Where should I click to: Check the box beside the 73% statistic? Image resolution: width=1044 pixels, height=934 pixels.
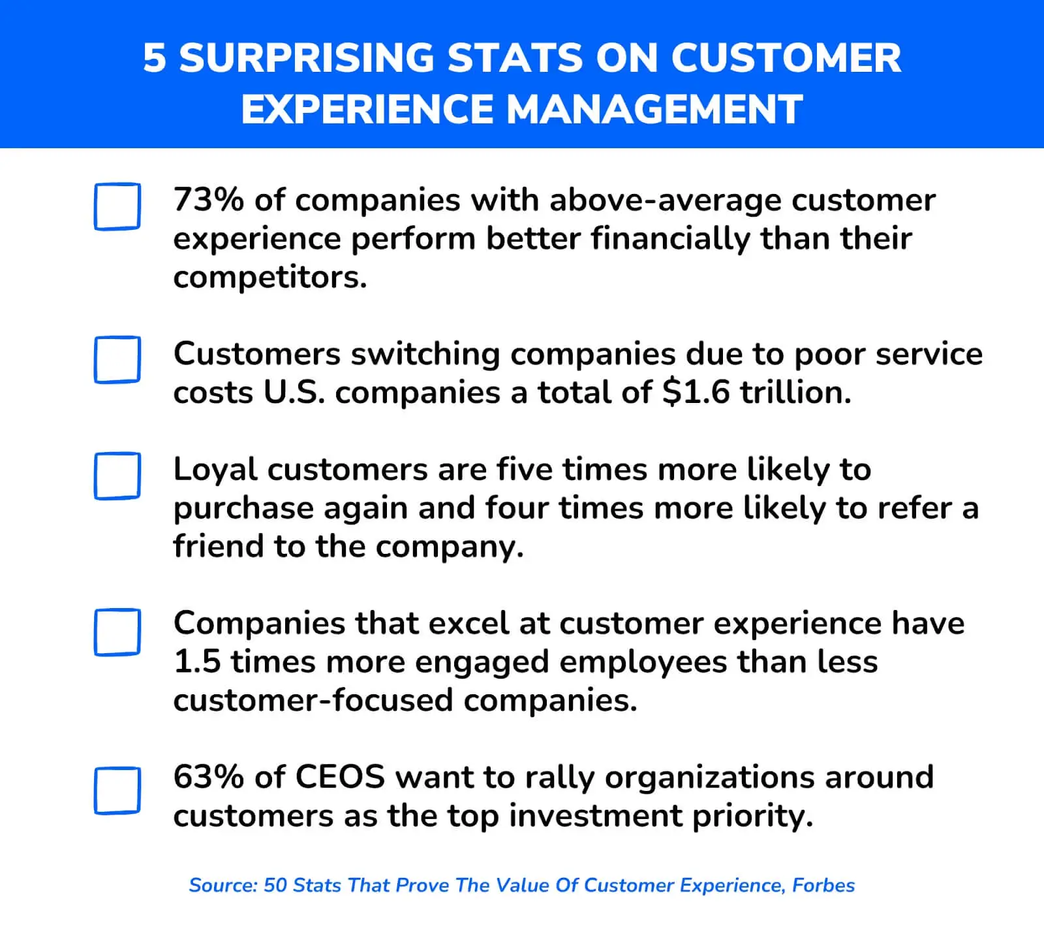(x=117, y=206)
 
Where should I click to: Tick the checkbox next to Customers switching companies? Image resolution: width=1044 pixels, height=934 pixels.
(x=117, y=359)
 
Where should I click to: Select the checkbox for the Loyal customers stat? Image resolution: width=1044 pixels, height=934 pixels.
(x=117, y=475)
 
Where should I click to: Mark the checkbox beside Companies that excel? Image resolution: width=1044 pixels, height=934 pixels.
(x=117, y=632)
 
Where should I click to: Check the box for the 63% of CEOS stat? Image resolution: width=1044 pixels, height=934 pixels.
(x=117, y=790)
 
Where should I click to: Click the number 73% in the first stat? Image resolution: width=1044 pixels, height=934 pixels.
(x=208, y=200)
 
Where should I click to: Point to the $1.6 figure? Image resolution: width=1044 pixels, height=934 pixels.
(x=696, y=393)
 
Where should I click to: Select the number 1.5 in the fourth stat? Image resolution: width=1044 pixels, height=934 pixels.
(x=197, y=662)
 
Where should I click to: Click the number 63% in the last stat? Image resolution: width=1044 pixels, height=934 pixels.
(x=208, y=777)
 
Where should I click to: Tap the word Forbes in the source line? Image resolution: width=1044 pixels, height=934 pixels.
(x=823, y=885)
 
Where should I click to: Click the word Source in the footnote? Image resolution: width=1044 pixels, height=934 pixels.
(x=222, y=885)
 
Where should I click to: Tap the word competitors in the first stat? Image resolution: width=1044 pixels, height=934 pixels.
(x=269, y=278)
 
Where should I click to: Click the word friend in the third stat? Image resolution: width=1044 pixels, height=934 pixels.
(x=218, y=546)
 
